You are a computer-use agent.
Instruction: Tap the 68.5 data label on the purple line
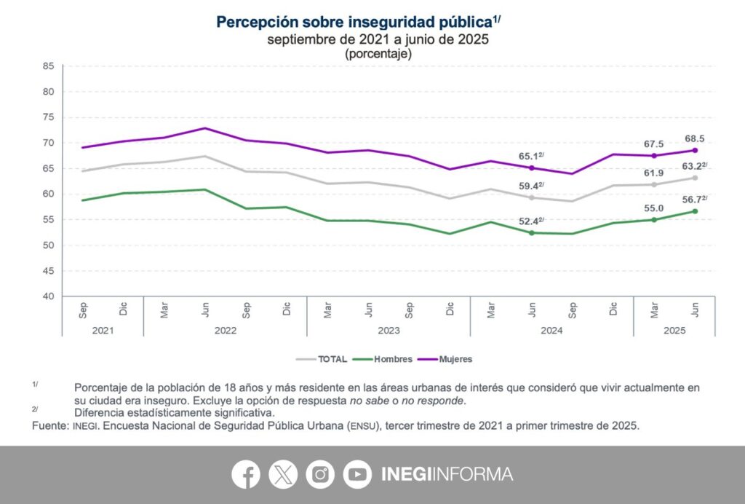tap(694, 138)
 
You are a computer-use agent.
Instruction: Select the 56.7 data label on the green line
tap(691, 198)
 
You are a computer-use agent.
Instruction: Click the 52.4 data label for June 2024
tap(530, 221)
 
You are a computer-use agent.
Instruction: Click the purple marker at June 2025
tap(695, 151)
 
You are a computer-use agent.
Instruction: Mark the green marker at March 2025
tap(654, 219)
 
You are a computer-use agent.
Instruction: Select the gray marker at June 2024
tap(532, 197)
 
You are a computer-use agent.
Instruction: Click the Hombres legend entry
tap(383, 359)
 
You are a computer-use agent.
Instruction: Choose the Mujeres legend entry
tap(448, 359)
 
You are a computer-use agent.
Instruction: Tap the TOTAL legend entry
tap(321, 359)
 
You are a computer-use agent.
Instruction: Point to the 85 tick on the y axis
tap(49, 66)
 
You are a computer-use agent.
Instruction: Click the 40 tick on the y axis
tap(49, 296)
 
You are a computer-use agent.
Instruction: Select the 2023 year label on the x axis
tap(389, 330)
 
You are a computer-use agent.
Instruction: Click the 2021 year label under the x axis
tap(103, 330)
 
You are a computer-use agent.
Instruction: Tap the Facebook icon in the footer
tap(246, 474)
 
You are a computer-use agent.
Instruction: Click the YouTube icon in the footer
tap(357, 474)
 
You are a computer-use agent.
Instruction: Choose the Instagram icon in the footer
tap(320, 474)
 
